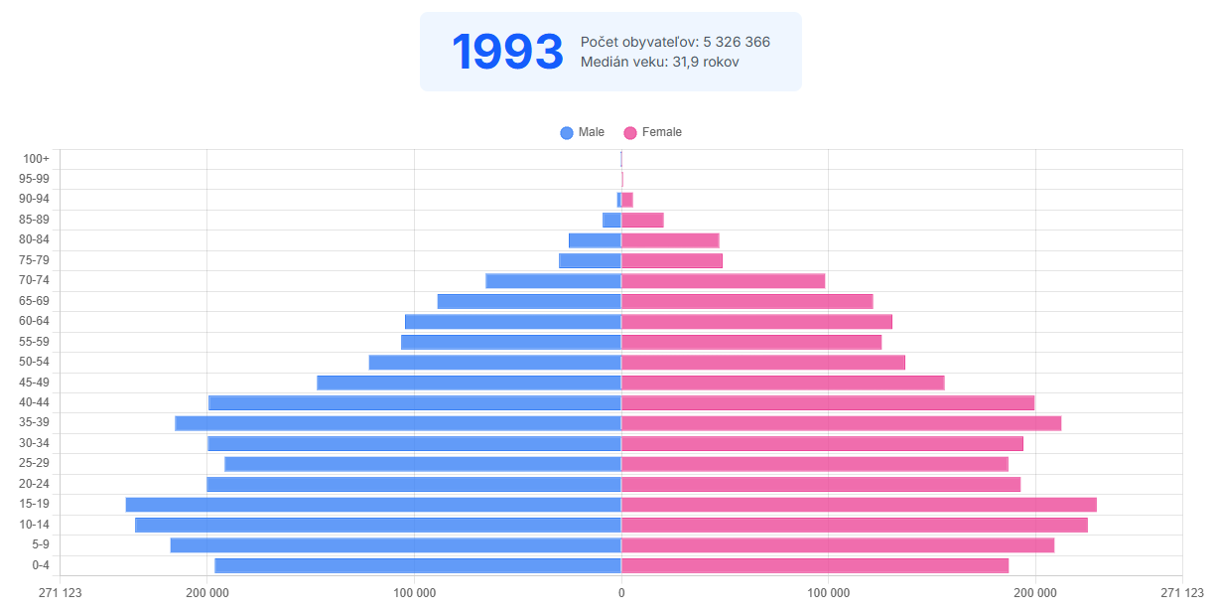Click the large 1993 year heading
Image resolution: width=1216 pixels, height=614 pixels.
507,52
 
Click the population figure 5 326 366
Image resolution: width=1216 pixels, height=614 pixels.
736,42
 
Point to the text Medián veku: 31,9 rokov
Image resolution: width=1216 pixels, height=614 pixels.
659,62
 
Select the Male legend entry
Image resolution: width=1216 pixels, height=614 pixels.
583,132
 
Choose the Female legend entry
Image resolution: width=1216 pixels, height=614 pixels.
652,132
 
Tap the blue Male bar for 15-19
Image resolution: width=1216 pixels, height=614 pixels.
373,505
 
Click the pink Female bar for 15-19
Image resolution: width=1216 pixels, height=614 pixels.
859,505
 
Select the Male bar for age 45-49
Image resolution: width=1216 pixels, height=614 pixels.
469,383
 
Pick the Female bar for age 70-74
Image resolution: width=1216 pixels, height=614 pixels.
723,281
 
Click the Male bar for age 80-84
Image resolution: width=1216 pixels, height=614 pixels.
595,240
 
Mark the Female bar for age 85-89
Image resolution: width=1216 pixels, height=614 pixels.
642,220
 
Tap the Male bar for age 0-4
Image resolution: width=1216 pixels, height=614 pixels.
418,565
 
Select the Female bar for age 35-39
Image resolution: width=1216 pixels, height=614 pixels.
841,423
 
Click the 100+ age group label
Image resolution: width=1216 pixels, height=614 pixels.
37,159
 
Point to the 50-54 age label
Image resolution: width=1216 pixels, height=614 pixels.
34,362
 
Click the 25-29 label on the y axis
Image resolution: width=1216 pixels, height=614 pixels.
34,463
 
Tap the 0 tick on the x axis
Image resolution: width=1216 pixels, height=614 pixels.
621,594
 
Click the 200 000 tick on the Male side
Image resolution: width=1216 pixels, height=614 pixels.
207,594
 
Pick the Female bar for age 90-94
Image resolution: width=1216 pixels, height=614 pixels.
627,200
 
